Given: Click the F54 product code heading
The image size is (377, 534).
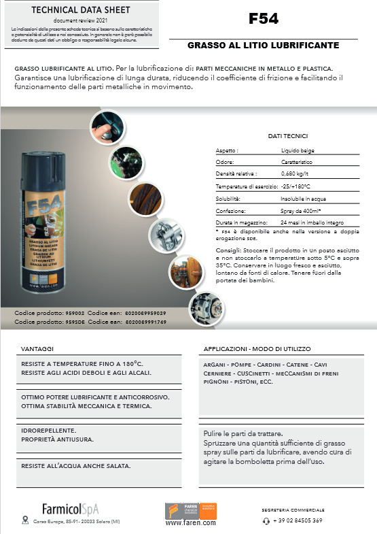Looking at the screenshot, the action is coord(264,19).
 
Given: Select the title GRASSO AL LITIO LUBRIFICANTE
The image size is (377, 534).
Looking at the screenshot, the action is coord(264,46).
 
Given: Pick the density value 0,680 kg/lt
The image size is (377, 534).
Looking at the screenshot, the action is coord(298,174).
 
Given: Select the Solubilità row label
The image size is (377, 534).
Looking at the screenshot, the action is coord(228,199).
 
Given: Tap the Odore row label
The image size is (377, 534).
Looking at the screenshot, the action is coord(225,163).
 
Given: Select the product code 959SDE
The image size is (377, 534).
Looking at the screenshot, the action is coord(75,321).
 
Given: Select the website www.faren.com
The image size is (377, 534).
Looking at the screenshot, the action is coord(191,523).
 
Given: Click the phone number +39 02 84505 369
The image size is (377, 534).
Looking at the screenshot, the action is coord(297,520).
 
